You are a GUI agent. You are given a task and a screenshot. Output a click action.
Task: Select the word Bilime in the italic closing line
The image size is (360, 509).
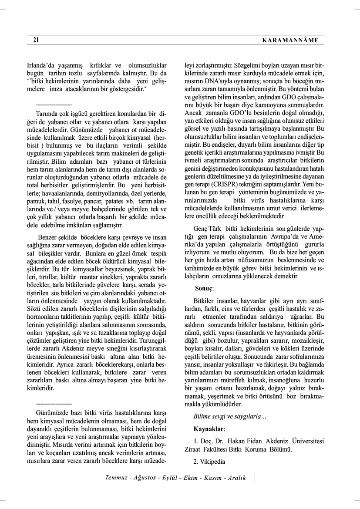click(203, 417)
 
